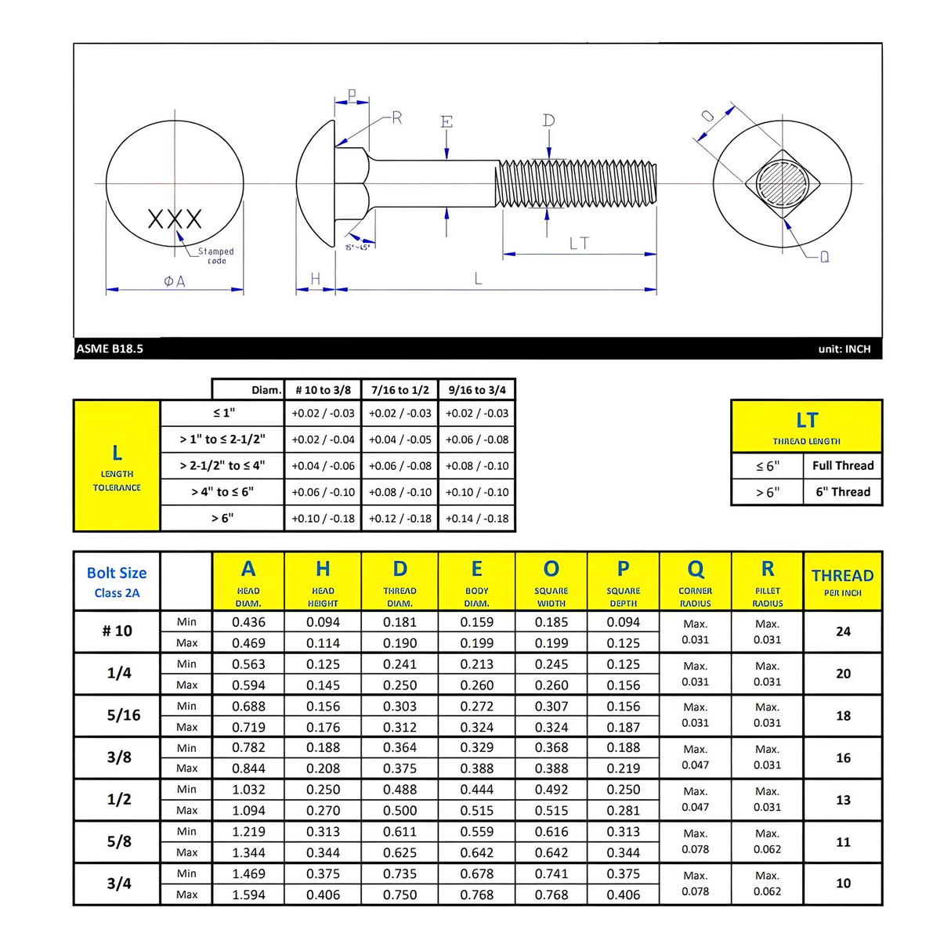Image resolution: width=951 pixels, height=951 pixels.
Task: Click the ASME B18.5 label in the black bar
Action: pyautogui.click(x=110, y=349)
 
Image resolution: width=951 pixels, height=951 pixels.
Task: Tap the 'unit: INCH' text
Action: pyautogui.click(x=844, y=349)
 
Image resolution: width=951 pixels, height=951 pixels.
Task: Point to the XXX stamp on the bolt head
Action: pyautogui.click(x=175, y=219)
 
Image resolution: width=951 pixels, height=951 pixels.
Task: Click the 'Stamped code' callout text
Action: pyautogui.click(x=215, y=255)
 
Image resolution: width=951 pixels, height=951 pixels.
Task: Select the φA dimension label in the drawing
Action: pyautogui.click(x=175, y=281)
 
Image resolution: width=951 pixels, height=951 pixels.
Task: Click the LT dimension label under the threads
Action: pyautogui.click(x=579, y=244)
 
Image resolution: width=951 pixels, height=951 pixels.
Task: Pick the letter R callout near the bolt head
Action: pyautogui.click(x=396, y=118)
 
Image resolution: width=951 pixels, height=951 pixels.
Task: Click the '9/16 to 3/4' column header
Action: pyautogui.click(x=477, y=390)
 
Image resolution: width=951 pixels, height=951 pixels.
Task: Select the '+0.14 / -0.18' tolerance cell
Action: pyautogui.click(x=477, y=519)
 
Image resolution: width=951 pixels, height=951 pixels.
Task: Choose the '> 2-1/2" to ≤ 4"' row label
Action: pyautogui.click(x=222, y=465)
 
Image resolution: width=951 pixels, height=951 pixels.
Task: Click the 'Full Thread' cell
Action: pyautogui.click(x=843, y=465)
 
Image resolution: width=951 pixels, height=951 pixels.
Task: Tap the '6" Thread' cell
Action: pyautogui.click(x=843, y=492)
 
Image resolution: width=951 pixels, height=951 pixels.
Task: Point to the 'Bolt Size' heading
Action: pyautogui.click(x=117, y=573)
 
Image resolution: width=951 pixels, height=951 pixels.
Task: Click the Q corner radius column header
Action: pyautogui.click(x=696, y=580)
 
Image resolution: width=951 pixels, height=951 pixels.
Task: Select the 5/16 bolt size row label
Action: pyautogui.click(x=123, y=715)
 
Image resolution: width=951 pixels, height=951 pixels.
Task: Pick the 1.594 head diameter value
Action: pyautogui.click(x=248, y=895)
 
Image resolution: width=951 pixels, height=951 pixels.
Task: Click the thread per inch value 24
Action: pyautogui.click(x=843, y=631)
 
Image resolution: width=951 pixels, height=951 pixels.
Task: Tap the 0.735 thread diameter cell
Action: pyautogui.click(x=400, y=873)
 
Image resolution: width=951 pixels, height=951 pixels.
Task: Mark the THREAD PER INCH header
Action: pyautogui.click(x=843, y=581)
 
